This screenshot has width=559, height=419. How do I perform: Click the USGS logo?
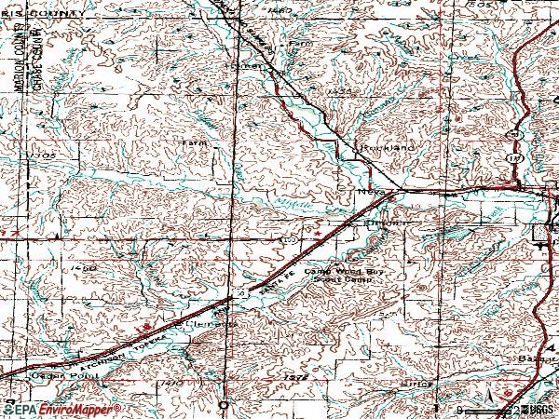(534, 409)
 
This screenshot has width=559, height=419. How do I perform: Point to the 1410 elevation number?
(171, 382)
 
